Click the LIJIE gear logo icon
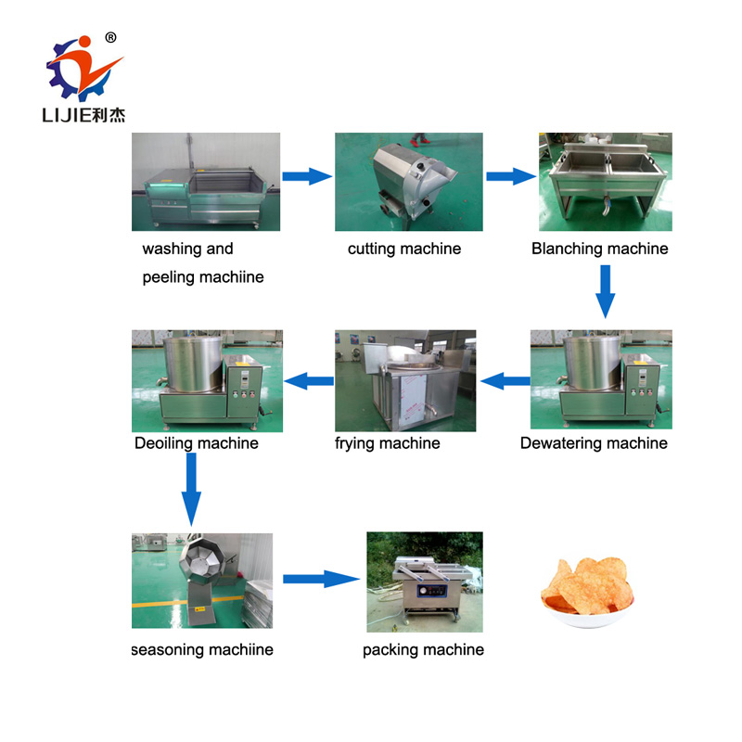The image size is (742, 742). [x=84, y=69]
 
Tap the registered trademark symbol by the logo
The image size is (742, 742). [x=110, y=37]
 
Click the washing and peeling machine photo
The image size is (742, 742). [x=206, y=182]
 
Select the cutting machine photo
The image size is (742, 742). [x=409, y=182]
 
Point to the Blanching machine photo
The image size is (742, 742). [x=606, y=182]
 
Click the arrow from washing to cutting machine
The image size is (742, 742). [x=307, y=176]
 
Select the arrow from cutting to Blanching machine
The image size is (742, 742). [x=511, y=176]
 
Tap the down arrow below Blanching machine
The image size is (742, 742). [x=606, y=291]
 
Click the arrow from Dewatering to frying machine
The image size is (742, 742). [x=505, y=381]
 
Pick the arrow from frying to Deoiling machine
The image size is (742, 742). [x=309, y=381]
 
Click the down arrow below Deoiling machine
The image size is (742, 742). [x=191, y=490]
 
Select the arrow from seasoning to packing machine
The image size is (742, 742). [x=322, y=579]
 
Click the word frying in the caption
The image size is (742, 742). [x=354, y=444]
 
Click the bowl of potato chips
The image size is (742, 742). [x=587, y=593]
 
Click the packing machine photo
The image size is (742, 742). [x=425, y=582]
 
